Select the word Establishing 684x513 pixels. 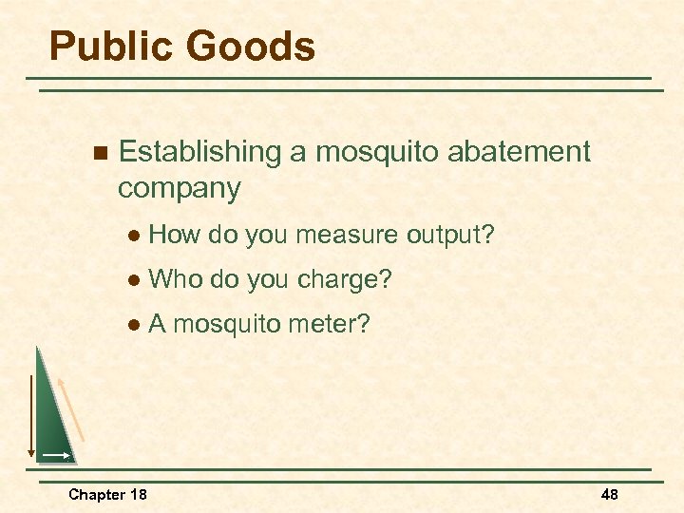click(200, 152)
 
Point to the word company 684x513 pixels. click(179, 188)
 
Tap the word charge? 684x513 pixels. click(345, 279)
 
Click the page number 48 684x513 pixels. click(609, 494)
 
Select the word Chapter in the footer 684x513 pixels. click(95, 494)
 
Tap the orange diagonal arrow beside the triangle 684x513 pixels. click(72, 408)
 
